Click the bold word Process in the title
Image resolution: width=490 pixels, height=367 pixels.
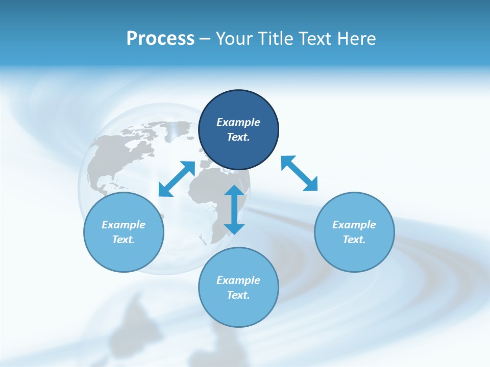click(160, 39)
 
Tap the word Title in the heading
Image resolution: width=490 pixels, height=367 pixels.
click(277, 39)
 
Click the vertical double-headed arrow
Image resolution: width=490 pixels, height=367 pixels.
click(234, 209)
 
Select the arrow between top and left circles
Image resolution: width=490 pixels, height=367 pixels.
click(177, 179)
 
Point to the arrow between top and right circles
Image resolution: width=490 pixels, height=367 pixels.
click(299, 173)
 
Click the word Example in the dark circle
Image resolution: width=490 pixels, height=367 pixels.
click(238, 122)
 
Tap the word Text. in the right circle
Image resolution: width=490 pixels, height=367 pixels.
click(354, 240)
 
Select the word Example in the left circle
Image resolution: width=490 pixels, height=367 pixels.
click(124, 225)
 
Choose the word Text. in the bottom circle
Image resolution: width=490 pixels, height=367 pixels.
click(238, 295)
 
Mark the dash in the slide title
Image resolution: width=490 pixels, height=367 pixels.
click(205, 39)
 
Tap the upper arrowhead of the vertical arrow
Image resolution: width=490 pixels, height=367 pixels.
click(234, 191)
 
